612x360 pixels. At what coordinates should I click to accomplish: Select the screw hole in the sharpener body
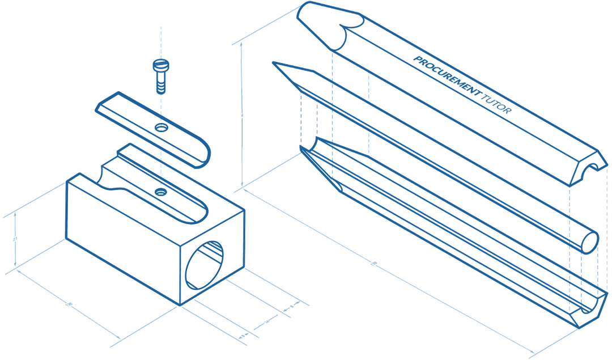coord(161,193)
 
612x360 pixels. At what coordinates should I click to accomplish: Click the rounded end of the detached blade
coord(201,156)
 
